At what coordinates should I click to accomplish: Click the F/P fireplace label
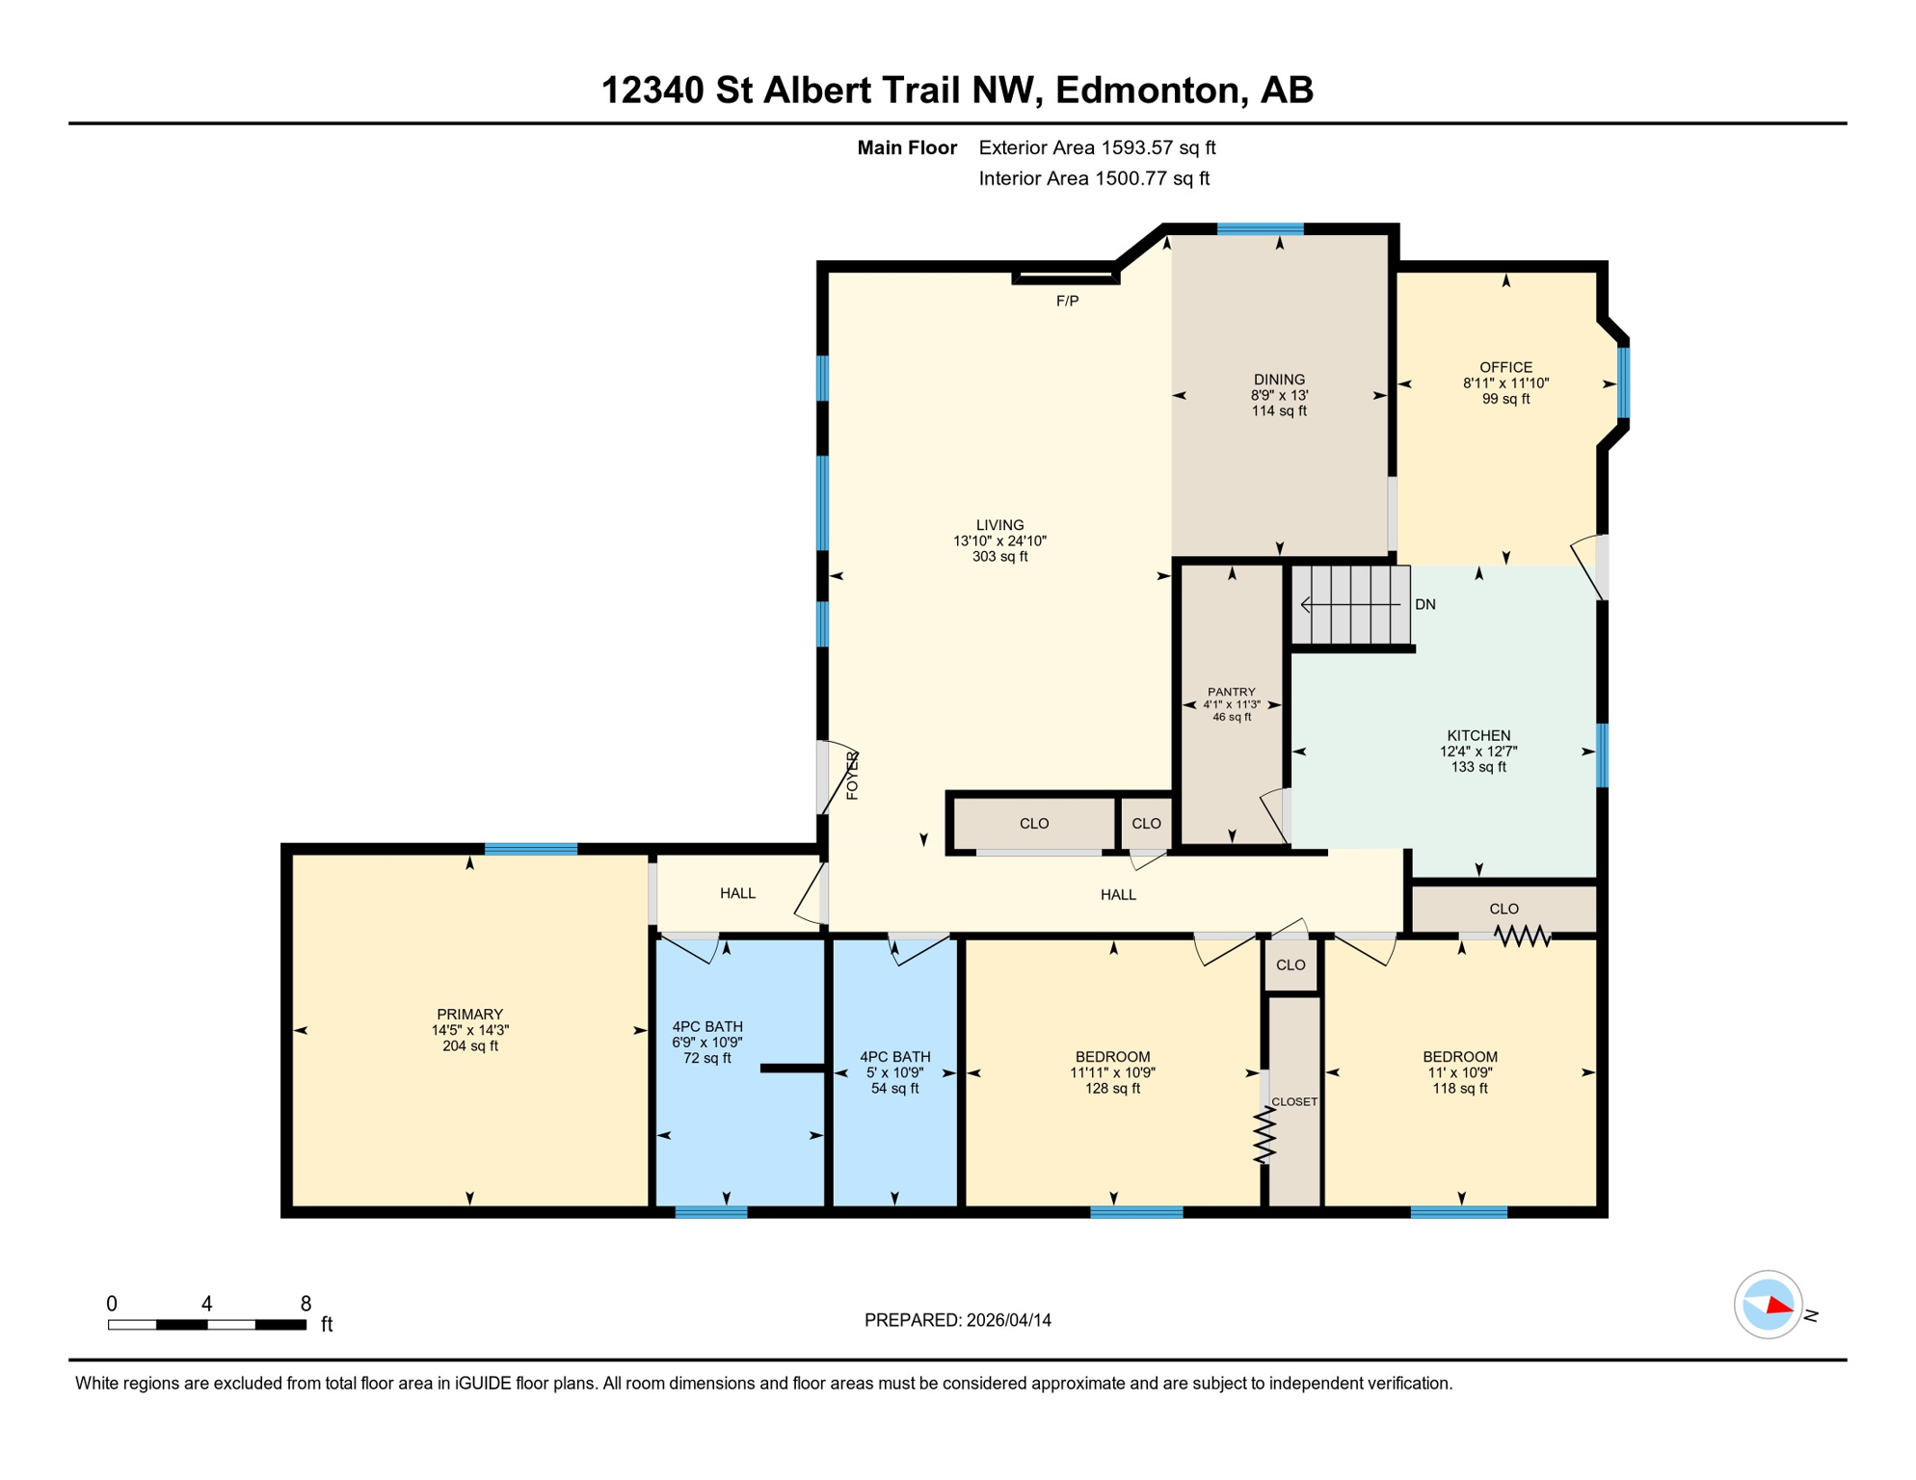[1067, 302]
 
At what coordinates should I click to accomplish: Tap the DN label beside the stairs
[1424, 605]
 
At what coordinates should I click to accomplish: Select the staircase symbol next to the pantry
[1350, 605]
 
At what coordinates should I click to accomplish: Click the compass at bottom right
[1769, 1305]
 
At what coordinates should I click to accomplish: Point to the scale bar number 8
[306, 1304]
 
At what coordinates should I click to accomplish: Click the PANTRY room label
[1231, 692]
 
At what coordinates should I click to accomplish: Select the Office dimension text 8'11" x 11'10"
[1505, 383]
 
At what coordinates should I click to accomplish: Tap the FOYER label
[853, 776]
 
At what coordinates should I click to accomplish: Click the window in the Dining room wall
[1260, 229]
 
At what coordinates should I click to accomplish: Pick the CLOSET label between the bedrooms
[1293, 1101]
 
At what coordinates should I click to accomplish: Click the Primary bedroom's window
[530, 849]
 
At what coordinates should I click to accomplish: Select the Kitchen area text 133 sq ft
[1477, 768]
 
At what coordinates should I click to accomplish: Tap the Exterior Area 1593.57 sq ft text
[1097, 147]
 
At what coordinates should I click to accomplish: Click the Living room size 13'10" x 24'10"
[999, 542]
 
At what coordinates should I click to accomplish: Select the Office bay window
[1623, 383]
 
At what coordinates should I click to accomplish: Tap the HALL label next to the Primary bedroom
[737, 893]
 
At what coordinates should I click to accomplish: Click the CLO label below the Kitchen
[1504, 909]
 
